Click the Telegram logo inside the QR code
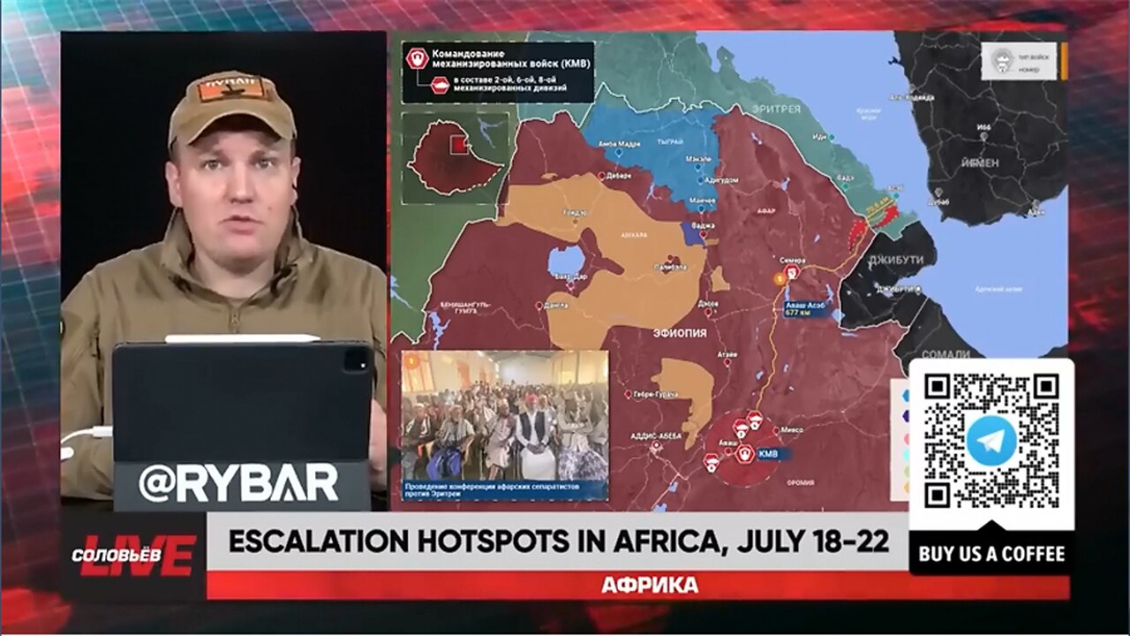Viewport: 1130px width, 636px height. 991,440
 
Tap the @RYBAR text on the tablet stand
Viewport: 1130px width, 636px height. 238,483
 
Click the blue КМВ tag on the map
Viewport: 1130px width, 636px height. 769,454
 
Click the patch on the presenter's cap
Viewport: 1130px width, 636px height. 232,88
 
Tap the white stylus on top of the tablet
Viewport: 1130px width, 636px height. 242,338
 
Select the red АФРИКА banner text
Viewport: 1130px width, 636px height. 649,585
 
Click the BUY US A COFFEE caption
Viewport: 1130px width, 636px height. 991,555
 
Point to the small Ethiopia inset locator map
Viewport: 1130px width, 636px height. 455,157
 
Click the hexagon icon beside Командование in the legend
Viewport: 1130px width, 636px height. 417,57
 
